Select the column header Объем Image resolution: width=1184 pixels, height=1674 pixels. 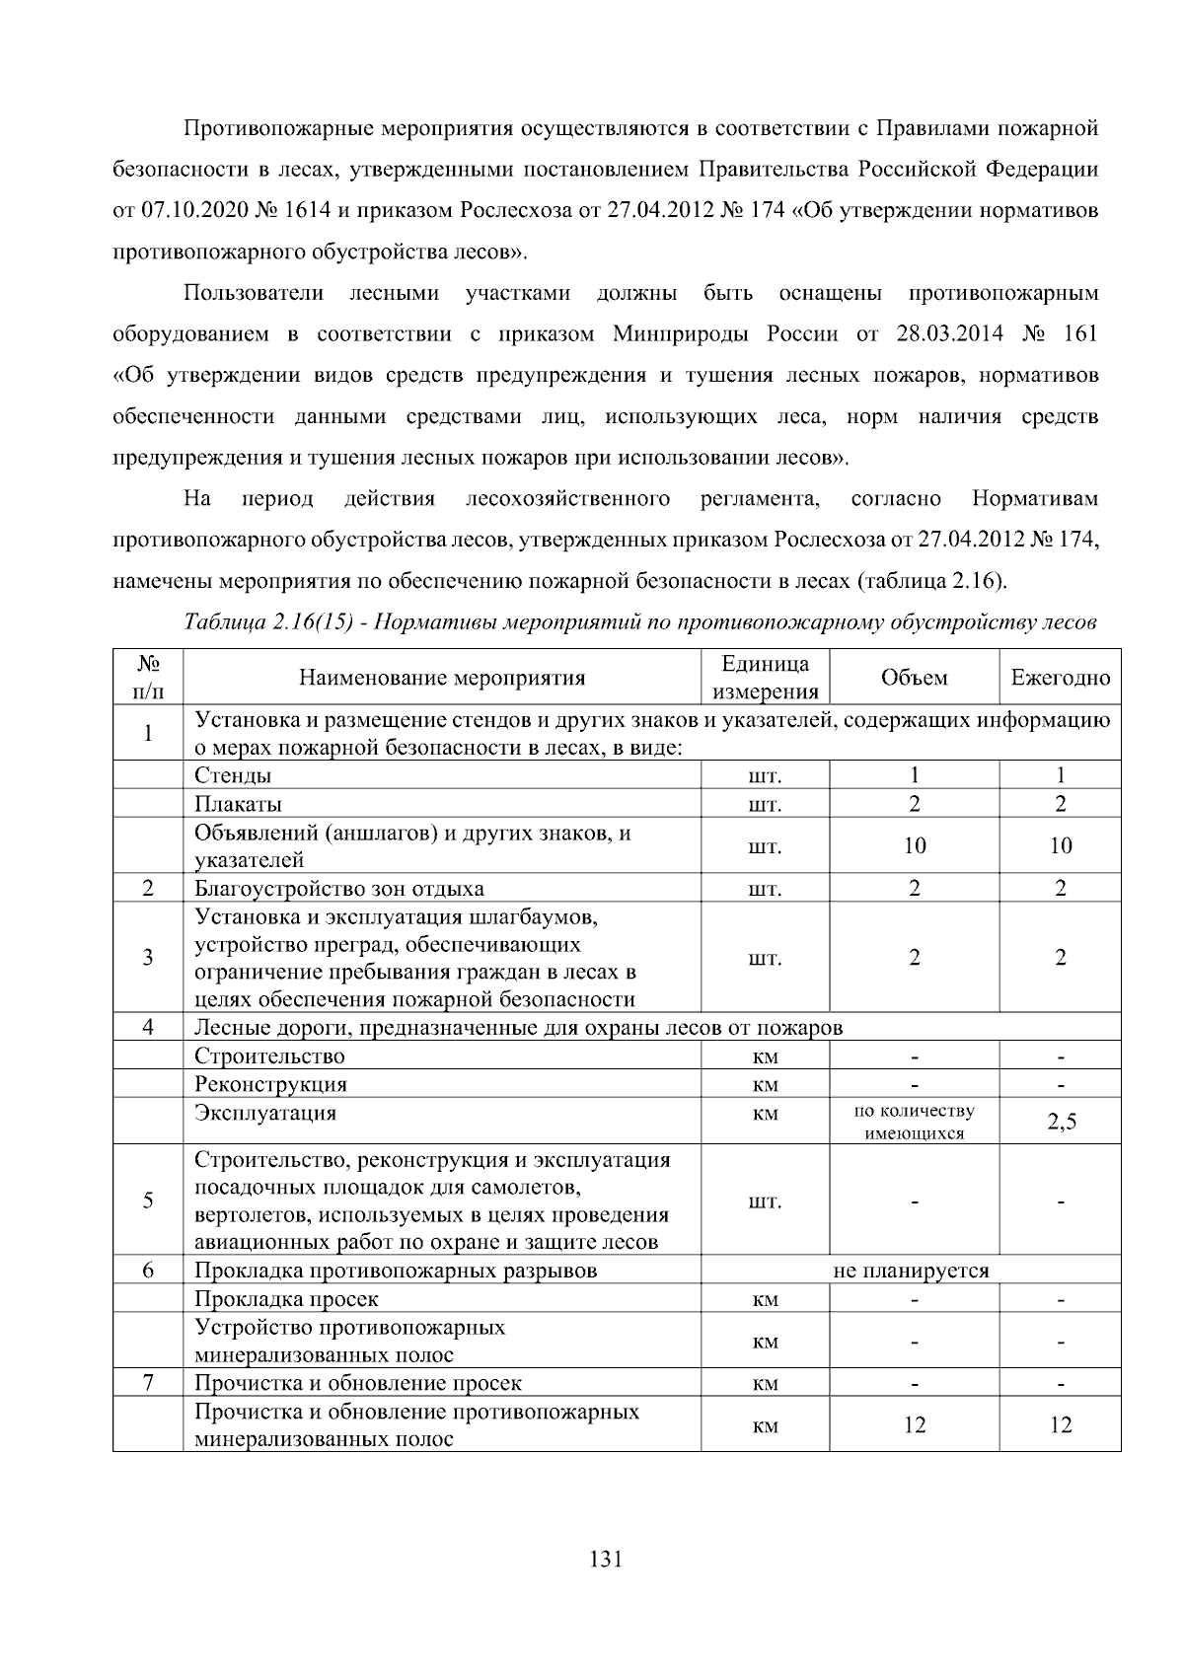tap(914, 678)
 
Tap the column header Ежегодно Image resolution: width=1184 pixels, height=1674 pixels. tap(1060, 678)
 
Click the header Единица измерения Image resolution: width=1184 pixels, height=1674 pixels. tap(765, 678)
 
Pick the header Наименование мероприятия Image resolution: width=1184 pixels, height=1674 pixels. tap(442, 678)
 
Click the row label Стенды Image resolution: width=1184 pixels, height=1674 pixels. tap(233, 775)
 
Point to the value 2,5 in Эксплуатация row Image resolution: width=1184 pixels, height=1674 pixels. tap(1061, 1123)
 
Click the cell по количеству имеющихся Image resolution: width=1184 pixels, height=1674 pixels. tap(914, 1123)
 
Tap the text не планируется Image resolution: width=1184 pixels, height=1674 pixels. tap(911, 1271)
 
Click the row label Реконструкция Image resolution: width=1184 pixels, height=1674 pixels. tap(270, 1085)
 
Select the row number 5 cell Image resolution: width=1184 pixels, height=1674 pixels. tap(148, 1201)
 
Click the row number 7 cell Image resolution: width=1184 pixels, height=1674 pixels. tap(148, 1383)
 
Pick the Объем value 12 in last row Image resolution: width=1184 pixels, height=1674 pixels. tap(914, 1424)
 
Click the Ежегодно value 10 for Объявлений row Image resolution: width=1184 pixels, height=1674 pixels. tap(1061, 846)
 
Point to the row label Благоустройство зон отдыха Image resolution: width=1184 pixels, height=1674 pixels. tap(338, 889)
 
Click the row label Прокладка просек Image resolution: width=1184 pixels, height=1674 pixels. tap(286, 1299)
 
